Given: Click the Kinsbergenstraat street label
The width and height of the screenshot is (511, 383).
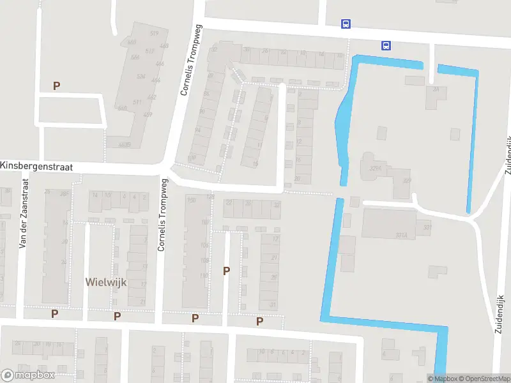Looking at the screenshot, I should click(37, 166).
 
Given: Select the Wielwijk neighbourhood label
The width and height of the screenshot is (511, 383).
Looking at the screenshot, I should click(107, 282).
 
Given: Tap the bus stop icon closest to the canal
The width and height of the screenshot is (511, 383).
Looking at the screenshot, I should click(386, 45).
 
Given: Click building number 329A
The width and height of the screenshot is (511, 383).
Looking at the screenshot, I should click(376, 169).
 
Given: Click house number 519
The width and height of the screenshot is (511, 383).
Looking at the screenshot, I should click(154, 33).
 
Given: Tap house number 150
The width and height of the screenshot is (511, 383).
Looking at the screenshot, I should click(190, 200).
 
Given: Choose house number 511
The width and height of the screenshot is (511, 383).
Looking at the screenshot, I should click(137, 102).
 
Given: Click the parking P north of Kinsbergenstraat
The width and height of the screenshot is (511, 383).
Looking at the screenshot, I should click(56, 86).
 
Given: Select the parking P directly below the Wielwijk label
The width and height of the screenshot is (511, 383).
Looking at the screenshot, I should click(117, 316).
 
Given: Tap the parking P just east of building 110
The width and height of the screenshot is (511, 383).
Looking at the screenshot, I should click(226, 271).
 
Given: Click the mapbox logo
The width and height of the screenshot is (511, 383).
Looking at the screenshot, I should click(27, 375).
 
